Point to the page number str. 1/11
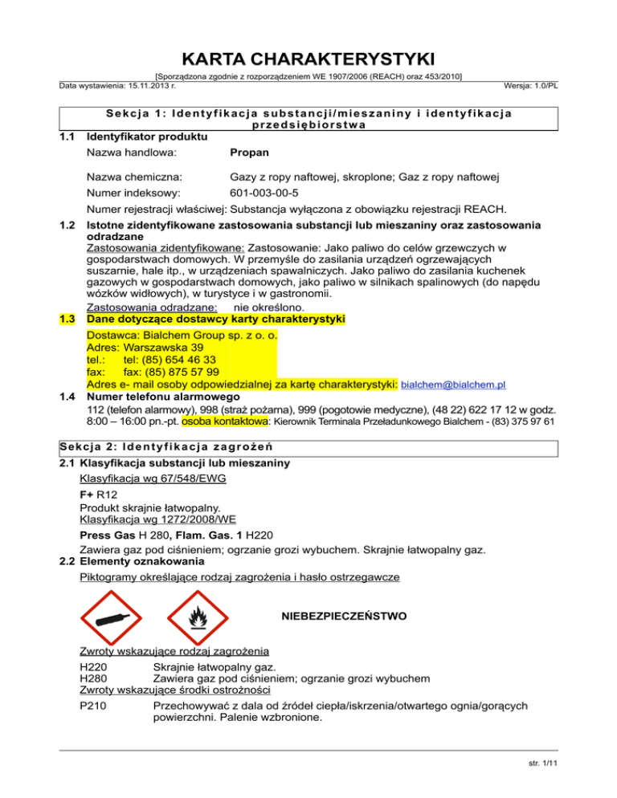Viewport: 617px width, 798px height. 589,784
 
